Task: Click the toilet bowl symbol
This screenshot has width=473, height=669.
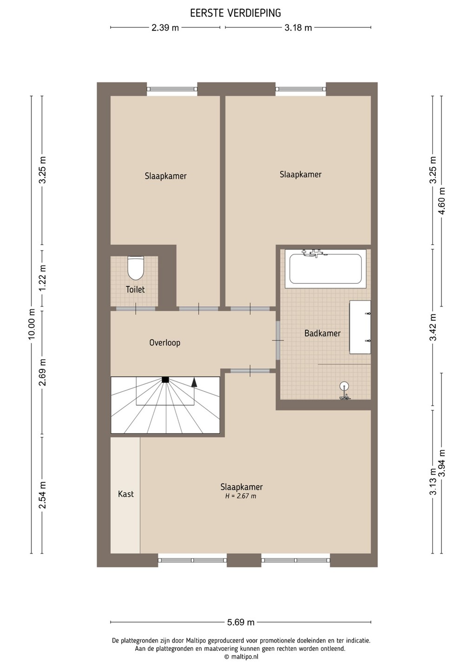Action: [x=136, y=268]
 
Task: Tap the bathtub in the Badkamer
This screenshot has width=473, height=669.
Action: [x=326, y=269]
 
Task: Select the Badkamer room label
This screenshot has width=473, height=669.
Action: [x=322, y=333]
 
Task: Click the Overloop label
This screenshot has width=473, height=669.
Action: [x=165, y=342]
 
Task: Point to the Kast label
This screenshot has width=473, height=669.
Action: [x=126, y=494]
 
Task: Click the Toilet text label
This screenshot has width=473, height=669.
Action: [x=135, y=289]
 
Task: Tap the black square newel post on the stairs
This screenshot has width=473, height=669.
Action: [x=165, y=380]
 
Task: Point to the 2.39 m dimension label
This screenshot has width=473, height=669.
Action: [x=165, y=28]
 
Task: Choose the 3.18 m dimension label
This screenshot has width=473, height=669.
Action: [x=298, y=28]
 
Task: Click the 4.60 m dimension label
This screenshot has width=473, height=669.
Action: [x=442, y=201]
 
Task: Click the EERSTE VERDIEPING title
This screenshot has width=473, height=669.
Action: [x=236, y=13]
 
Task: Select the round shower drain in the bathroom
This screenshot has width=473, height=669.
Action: [x=344, y=386]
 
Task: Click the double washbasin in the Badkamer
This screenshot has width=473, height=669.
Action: [x=360, y=328]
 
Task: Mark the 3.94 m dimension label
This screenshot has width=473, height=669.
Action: [x=442, y=464]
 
